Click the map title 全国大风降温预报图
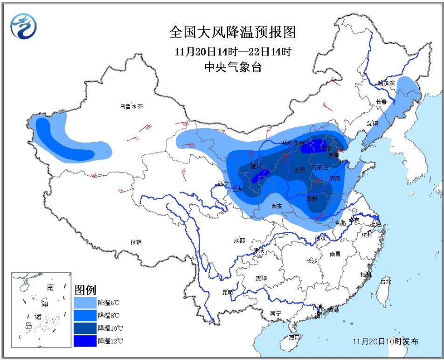click(x=232, y=32)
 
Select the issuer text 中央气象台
click(x=233, y=66)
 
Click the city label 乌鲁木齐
click(x=131, y=106)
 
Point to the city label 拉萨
click(x=136, y=242)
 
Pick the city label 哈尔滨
click(x=387, y=83)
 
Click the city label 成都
click(x=239, y=240)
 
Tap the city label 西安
click(x=277, y=205)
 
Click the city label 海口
click(x=293, y=336)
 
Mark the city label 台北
click(x=386, y=281)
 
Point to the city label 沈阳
click(x=372, y=123)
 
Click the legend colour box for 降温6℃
click(x=84, y=302)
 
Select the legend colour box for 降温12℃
click(x=84, y=341)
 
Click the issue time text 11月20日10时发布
click(x=385, y=341)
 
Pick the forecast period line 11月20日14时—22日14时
click(x=233, y=50)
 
